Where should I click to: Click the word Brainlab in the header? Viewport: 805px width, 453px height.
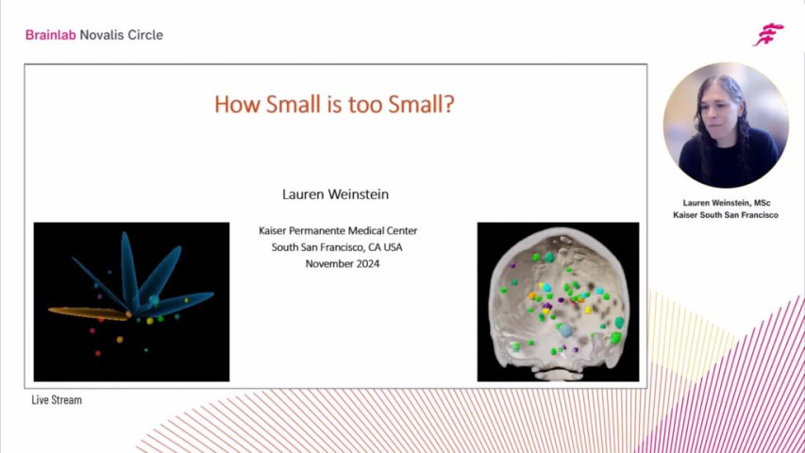(x=50, y=35)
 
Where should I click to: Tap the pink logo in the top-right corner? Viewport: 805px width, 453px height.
(x=768, y=34)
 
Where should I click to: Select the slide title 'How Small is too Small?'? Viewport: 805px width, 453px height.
(x=335, y=103)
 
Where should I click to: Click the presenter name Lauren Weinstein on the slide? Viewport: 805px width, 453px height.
(x=335, y=194)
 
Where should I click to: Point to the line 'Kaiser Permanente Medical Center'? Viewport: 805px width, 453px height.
(x=338, y=230)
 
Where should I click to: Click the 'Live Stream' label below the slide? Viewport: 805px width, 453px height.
(x=57, y=400)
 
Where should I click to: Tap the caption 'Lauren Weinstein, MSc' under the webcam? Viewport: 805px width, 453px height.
(x=726, y=202)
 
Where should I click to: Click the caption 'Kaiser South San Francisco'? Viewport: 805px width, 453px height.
(x=726, y=215)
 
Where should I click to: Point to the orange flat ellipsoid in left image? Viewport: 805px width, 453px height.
(x=86, y=312)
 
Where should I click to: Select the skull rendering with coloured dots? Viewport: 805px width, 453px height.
(x=558, y=301)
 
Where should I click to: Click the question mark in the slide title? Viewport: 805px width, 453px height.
(x=448, y=103)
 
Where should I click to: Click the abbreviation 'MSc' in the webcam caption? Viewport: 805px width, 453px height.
(x=761, y=202)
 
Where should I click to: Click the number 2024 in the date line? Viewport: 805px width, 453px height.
(x=366, y=263)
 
